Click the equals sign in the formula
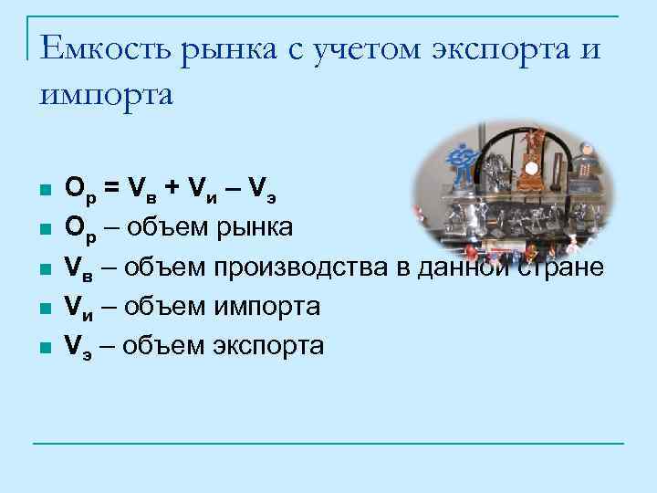110,188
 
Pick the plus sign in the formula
171,188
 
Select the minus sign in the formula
230,188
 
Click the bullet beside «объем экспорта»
42,347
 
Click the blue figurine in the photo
466,161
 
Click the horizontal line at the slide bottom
328,444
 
